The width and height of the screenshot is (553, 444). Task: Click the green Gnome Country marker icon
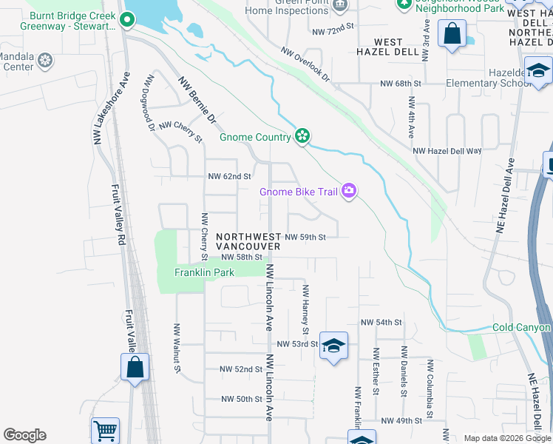(302, 135)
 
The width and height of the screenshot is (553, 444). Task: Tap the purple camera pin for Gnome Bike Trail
(349, 192)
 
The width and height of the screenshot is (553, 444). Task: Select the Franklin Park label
(204, 272)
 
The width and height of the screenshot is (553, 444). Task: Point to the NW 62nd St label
(230, 177)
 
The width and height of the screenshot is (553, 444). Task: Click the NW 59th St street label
(305, 237)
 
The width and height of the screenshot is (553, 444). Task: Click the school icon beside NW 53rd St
(333, 346)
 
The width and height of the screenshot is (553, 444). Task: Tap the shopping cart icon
(105, 430)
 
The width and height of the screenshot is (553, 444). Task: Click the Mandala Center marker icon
(45, 60)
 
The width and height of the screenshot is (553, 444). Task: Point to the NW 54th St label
(381, 323)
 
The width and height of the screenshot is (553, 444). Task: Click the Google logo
(25, 435)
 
